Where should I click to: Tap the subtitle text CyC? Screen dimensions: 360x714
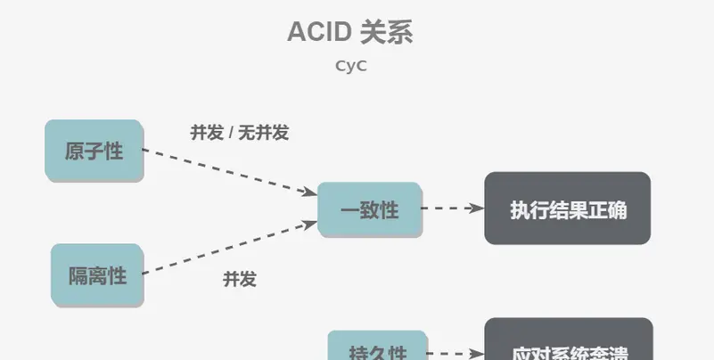[350, 65]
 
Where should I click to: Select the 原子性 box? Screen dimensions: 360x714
[94, 151]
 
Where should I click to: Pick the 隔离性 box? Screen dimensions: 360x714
[97, 275]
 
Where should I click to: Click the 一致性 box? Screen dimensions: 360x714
[369, 210]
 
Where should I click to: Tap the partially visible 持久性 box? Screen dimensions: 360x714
[378, 348]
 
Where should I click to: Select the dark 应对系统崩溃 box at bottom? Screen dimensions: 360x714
[569, 343]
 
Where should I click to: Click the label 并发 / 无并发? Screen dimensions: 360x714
[239, 133]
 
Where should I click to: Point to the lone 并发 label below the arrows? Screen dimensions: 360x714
[239, 279]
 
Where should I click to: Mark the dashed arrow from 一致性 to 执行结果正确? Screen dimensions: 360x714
[452, 209]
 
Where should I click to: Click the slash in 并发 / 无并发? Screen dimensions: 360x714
[230, 133]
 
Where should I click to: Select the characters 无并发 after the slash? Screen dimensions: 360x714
[263, 133]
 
